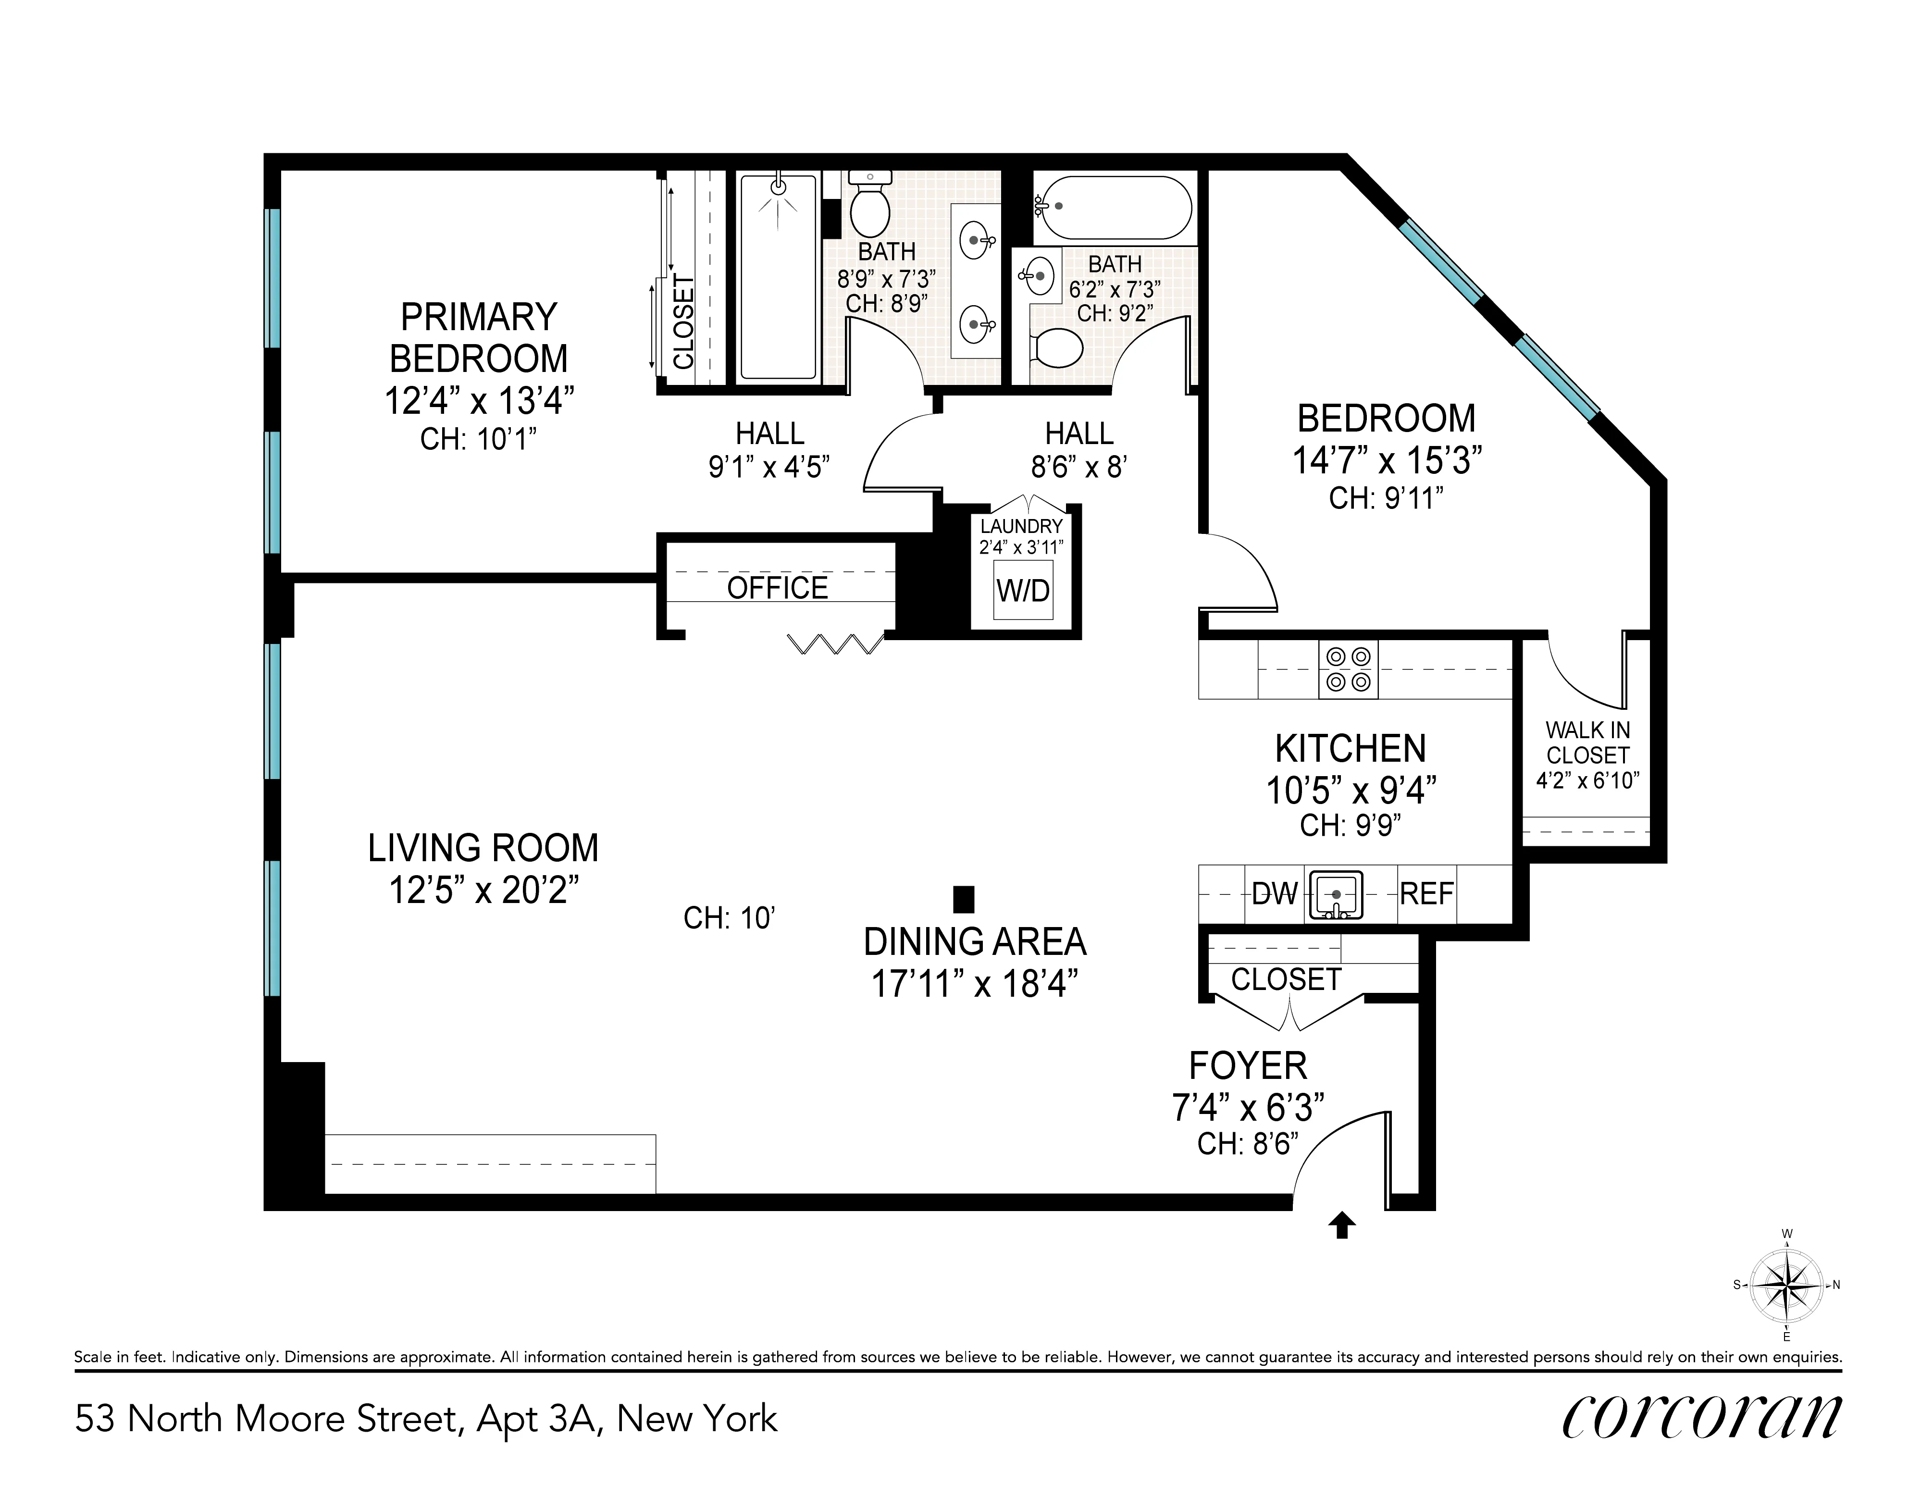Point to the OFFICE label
(x=778, y=588)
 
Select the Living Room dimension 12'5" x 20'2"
(x=484, y=891)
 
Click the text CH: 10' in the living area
(x=728, y=918)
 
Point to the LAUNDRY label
(x=1021, y=526)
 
